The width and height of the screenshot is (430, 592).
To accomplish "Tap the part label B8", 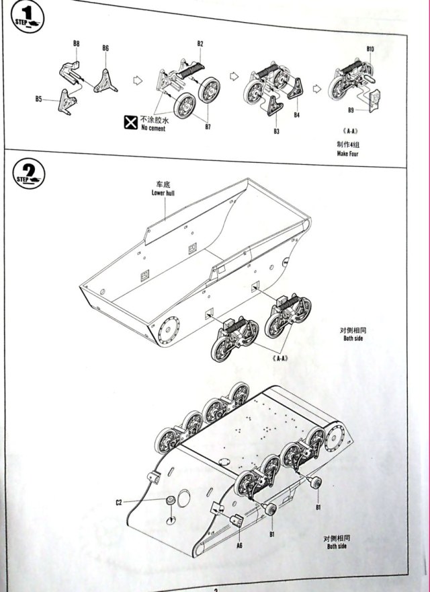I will click(77, 44).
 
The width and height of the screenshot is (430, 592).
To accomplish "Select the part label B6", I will click(105, 48).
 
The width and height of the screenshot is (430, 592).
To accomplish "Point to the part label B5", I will click(39, 100).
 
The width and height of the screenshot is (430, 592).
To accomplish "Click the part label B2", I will click(200, 44).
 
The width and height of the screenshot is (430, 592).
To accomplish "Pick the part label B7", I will click(208, 127).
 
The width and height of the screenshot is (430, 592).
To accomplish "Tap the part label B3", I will click(276, 131).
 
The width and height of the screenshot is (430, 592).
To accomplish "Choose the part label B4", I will click(296, 116).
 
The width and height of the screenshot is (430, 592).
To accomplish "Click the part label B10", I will click(370, 49).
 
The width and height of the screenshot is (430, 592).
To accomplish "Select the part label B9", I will click(351, 110).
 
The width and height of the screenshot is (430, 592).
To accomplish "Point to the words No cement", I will click(153, 128).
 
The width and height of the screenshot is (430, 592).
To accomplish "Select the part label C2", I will click(118, 502).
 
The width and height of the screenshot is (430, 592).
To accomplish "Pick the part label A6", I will click(239, 546).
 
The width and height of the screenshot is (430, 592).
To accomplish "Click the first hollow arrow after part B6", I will click(138, 80).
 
